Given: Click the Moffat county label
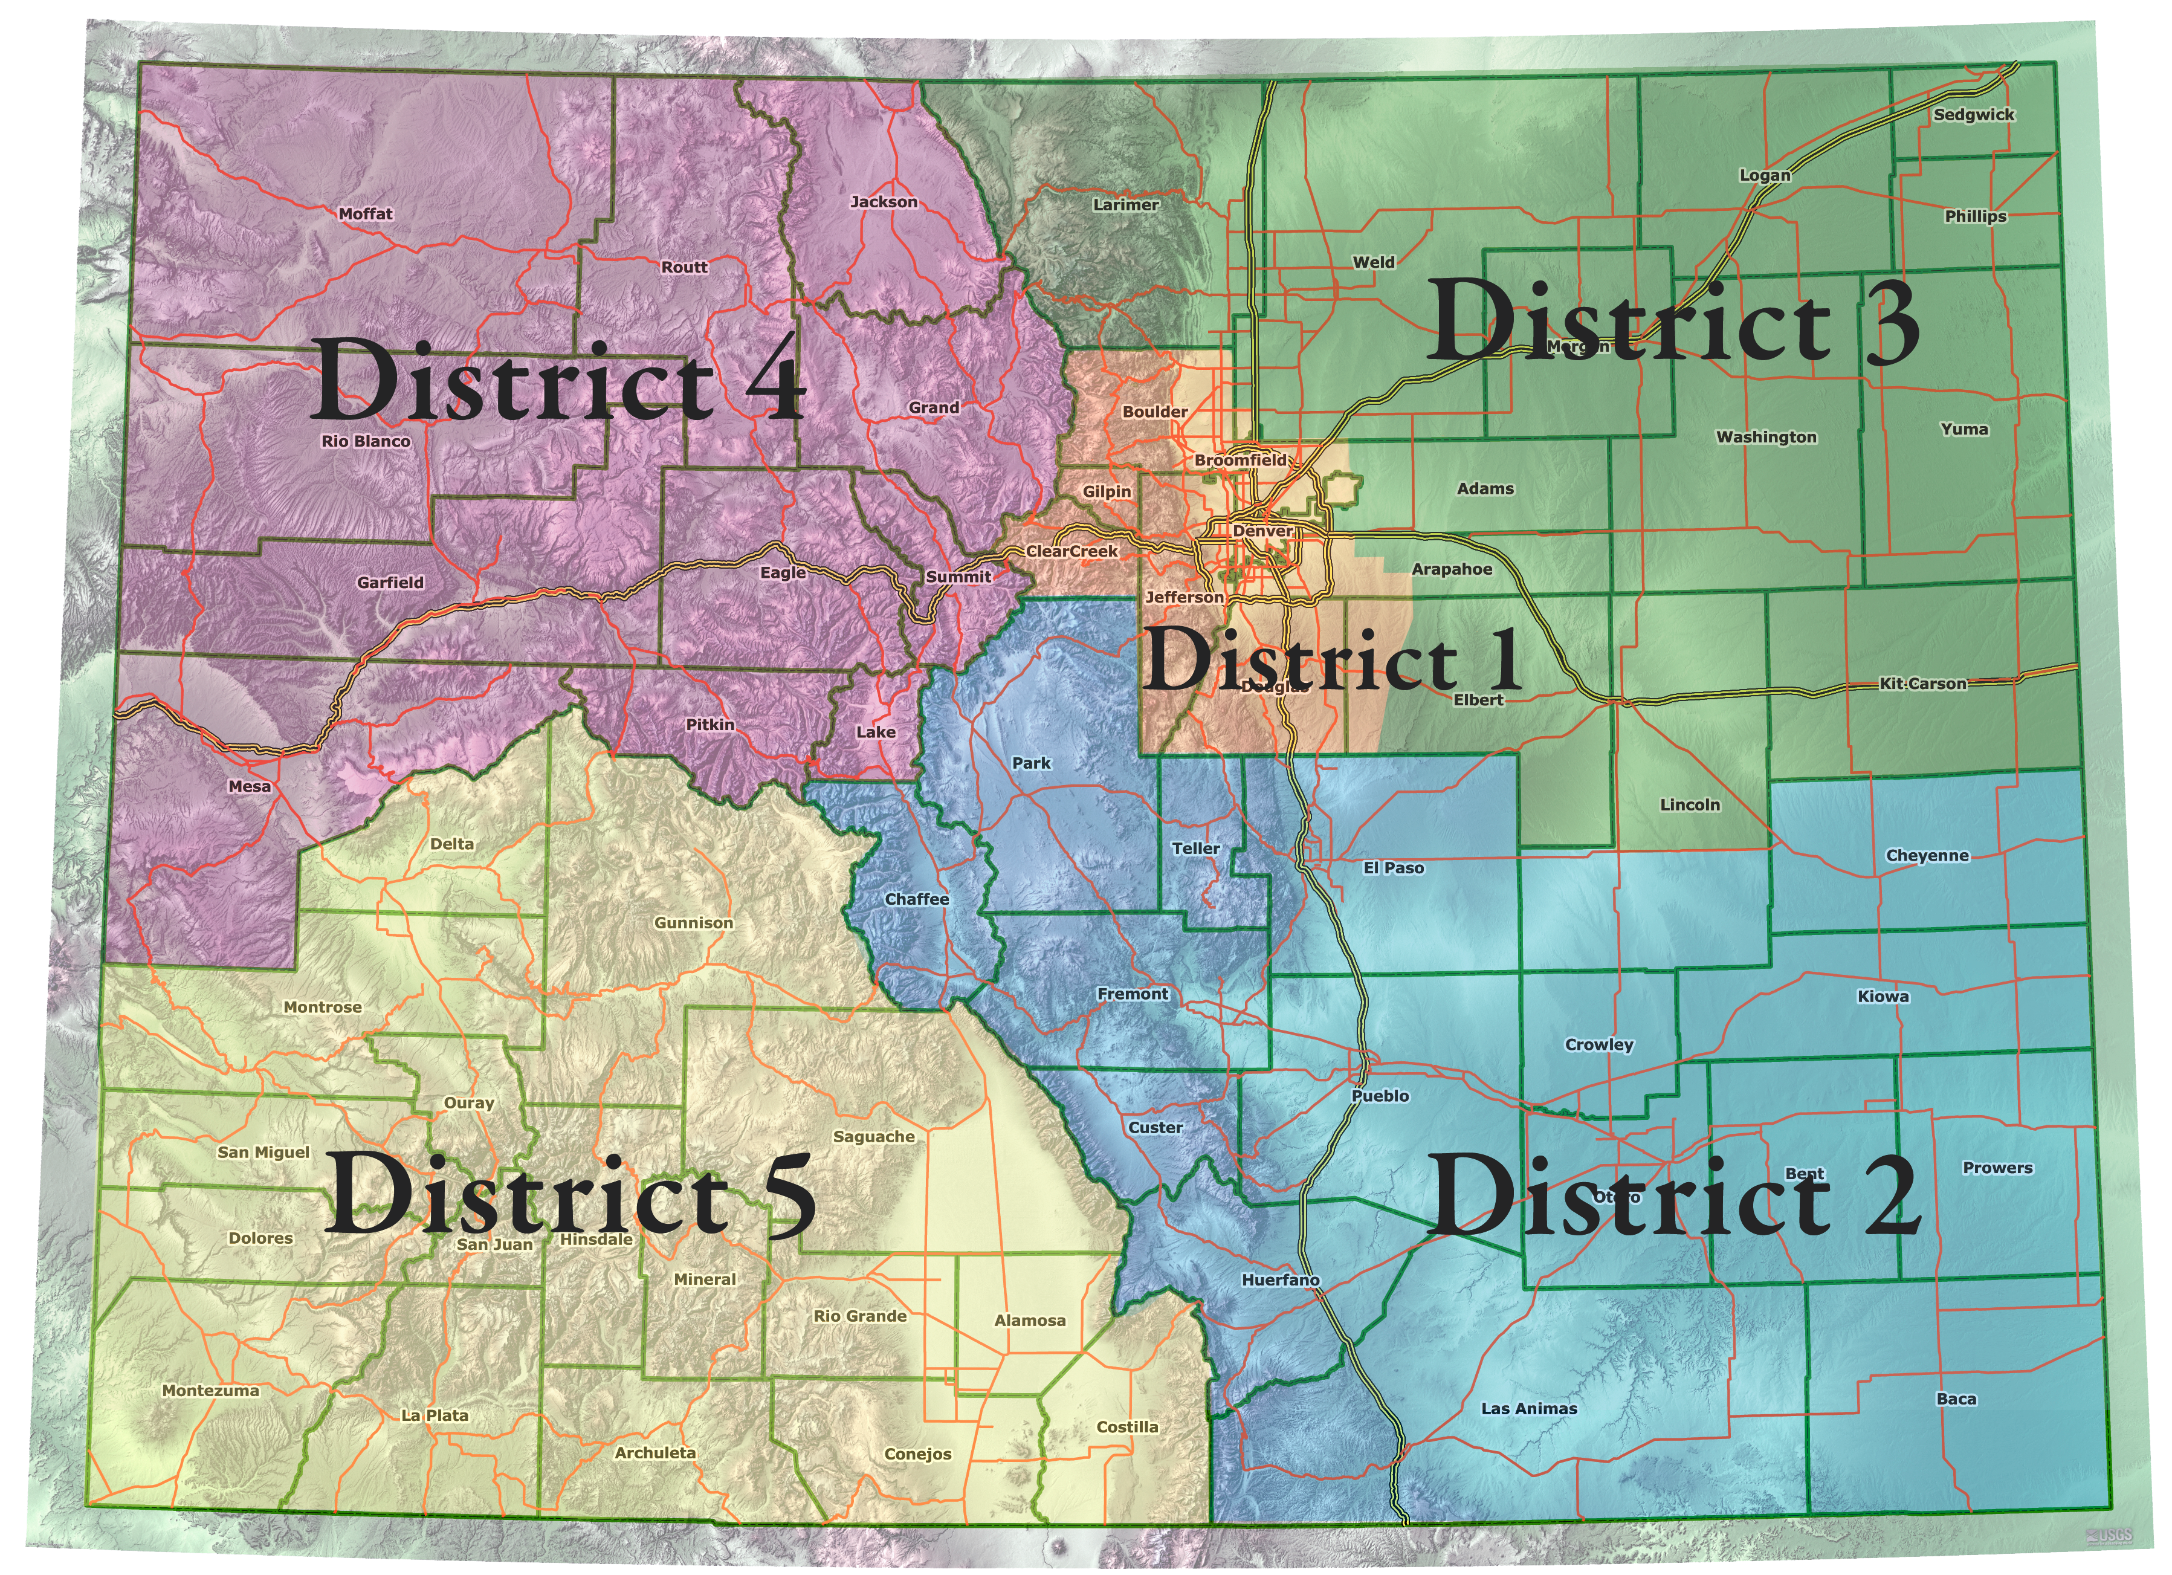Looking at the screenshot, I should tap(366, 213).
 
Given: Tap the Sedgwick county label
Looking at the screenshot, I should tap(1974, 115).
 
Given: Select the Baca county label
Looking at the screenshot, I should tap(1956, 1399).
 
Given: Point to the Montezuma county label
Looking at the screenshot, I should tap(211, 1390).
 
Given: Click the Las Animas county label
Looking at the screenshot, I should tap(1528, 1408).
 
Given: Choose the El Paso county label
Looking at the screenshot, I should tap(1394, 868).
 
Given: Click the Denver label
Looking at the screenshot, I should tap(1262, 531).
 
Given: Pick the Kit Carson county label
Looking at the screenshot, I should tap(1922, 684).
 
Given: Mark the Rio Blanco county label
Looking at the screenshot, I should tap(366, 441).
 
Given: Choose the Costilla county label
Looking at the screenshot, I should tap(1127, 1426).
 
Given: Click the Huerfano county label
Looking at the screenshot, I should tap(1281, 1280).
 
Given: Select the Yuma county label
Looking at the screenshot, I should tap(1964, 430).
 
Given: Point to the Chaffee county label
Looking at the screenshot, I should tap(917, 899).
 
